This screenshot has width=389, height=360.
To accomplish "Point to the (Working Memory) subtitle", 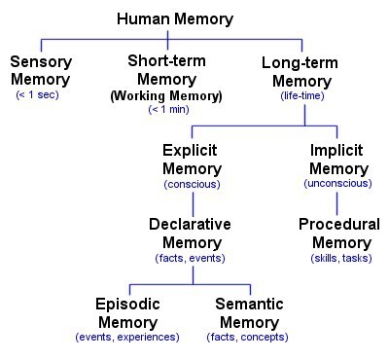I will (167, 96).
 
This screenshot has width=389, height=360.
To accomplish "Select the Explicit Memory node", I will (192, 162).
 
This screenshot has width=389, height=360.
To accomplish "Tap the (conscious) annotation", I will (192, 184).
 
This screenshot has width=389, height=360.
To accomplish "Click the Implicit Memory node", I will (337, 162).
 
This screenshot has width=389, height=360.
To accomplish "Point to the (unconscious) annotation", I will (337, 183).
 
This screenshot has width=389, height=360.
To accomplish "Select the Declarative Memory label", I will (191, 234).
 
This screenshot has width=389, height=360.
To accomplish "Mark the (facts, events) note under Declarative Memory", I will (191, 258).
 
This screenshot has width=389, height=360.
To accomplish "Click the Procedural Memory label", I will (338, 234).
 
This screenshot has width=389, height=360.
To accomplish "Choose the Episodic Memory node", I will (127, 313).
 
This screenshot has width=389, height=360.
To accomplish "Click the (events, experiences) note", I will (127, 337).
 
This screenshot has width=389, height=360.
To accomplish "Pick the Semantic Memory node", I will (249, 313).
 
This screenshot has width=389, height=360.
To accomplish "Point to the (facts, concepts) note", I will (250, 337).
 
